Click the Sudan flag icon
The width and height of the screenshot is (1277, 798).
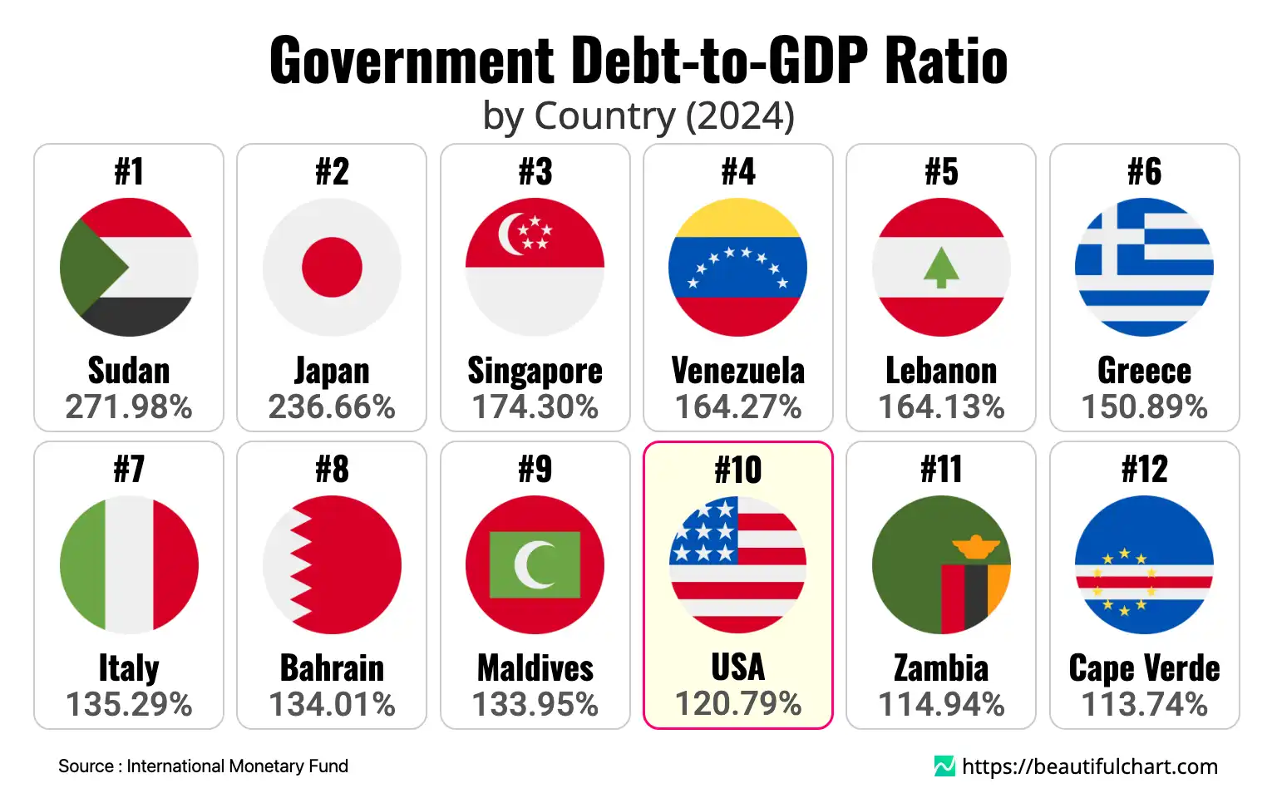(x=129, y=267)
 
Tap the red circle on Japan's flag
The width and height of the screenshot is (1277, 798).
(x=332, y=267)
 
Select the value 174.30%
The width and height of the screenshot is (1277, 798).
(x=535, y=406)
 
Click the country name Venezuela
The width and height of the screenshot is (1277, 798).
(x=738, y=371)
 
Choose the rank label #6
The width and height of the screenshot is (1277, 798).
(x=1144, y=172)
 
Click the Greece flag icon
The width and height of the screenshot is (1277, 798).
(x=1144, y=267)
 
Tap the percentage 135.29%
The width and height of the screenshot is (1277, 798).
(x=129, y=704)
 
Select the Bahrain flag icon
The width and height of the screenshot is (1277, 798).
(x=332, y=564)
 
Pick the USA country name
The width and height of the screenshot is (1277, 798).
(x=738, y=667)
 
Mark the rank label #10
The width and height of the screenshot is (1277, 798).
(x=738, y=470)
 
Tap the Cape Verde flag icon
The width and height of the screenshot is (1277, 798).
(x=1144, y=564)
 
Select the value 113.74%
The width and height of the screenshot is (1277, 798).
(x=1144, y=704)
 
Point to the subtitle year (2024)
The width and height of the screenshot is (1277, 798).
(x=740, y=116)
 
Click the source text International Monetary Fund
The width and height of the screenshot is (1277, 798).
(x=237, y=766)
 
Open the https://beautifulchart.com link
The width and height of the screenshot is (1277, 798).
(x=1089, y=766)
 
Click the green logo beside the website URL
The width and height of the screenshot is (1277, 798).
(x=944, y=766)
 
